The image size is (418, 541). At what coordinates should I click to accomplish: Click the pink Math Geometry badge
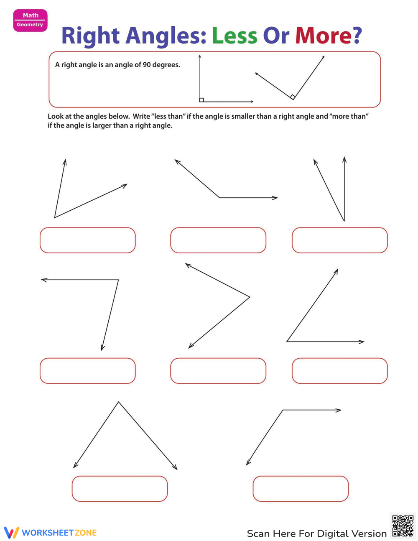coord(30,20)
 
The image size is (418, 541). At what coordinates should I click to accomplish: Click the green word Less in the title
coord(234,36)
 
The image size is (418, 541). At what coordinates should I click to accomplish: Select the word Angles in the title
coord(166,36)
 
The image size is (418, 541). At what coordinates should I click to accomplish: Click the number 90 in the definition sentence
coord(147,65)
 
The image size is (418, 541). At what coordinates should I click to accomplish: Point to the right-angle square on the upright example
coord(201,100)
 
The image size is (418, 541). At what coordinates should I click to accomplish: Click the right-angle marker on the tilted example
coord(293,97)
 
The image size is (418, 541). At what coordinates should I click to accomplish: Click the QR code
coord(403,526)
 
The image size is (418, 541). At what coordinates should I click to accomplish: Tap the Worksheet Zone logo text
coord(59,533)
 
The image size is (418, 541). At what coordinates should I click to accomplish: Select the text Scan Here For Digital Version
coord(316,533)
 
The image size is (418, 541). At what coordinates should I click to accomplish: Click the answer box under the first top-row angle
coord(88,240)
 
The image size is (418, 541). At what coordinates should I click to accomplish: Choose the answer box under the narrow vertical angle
coord(339,240)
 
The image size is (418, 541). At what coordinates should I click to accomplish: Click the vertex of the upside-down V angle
coord(119,402)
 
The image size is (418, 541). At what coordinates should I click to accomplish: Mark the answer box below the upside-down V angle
coord(120,489)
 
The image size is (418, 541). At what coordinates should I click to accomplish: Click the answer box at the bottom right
coord(301,489)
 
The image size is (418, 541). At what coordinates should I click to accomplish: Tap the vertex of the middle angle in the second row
coord(250,297)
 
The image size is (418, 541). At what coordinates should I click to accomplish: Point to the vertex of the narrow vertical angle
coord(344,221)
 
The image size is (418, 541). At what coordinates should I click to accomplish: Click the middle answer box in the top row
coord(218,240)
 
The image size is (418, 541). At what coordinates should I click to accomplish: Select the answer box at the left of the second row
coord(88,371)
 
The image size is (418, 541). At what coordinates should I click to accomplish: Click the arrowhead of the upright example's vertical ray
coord(200,56)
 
